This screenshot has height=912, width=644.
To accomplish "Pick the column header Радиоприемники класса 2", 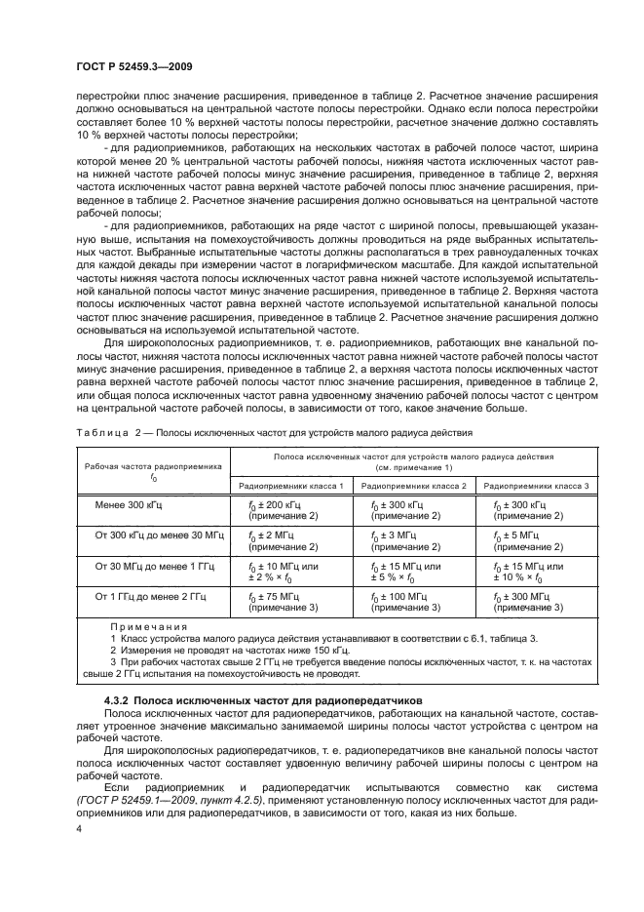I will [x=414, y=485].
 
